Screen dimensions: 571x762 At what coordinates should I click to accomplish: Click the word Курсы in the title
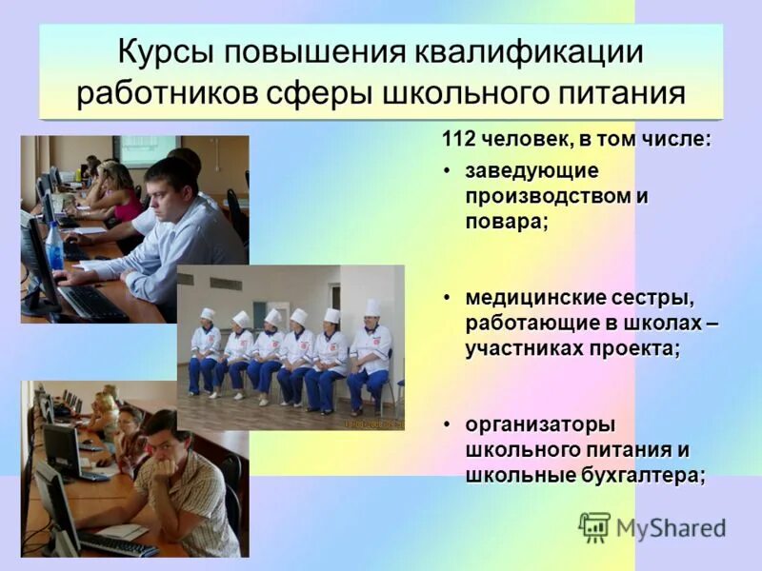[x=168, y=52]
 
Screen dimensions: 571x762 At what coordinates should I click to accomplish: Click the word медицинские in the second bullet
[x=528, y=300]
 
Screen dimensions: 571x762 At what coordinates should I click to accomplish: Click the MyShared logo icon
[x=594, y=527]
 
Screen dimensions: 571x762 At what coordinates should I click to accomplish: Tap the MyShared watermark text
[x=671, y=528]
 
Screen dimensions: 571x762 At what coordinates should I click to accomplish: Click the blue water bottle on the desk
[x=55, y=246]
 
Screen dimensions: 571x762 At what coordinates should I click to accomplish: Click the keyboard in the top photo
[x=91, y=302]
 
